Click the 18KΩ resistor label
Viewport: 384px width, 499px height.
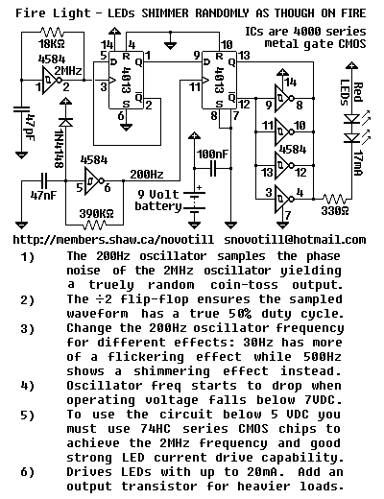click(52, 43)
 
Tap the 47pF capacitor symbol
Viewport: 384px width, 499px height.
click(21, 109)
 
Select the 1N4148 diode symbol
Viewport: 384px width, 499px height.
click(65, 122)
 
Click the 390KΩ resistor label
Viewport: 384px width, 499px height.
click(96, 213)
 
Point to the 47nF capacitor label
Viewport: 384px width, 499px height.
click(43, 195)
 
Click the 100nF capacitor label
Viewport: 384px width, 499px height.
click(213, 154)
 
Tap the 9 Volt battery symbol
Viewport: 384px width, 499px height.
click(194, 201)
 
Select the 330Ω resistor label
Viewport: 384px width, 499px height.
click(335, 211)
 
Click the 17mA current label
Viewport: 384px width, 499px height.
click(358, 163)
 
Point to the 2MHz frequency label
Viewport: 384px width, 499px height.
click(68, 70)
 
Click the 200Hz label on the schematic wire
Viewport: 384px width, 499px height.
click(147, 175)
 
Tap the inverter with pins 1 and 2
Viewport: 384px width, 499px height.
click(52, 80)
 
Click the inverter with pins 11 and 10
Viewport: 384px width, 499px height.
click(284, 131)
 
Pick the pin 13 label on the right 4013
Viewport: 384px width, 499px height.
click(244, 56)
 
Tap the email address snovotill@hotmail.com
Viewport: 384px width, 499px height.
click(295, 240)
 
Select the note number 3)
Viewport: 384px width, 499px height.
click(27, 328)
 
